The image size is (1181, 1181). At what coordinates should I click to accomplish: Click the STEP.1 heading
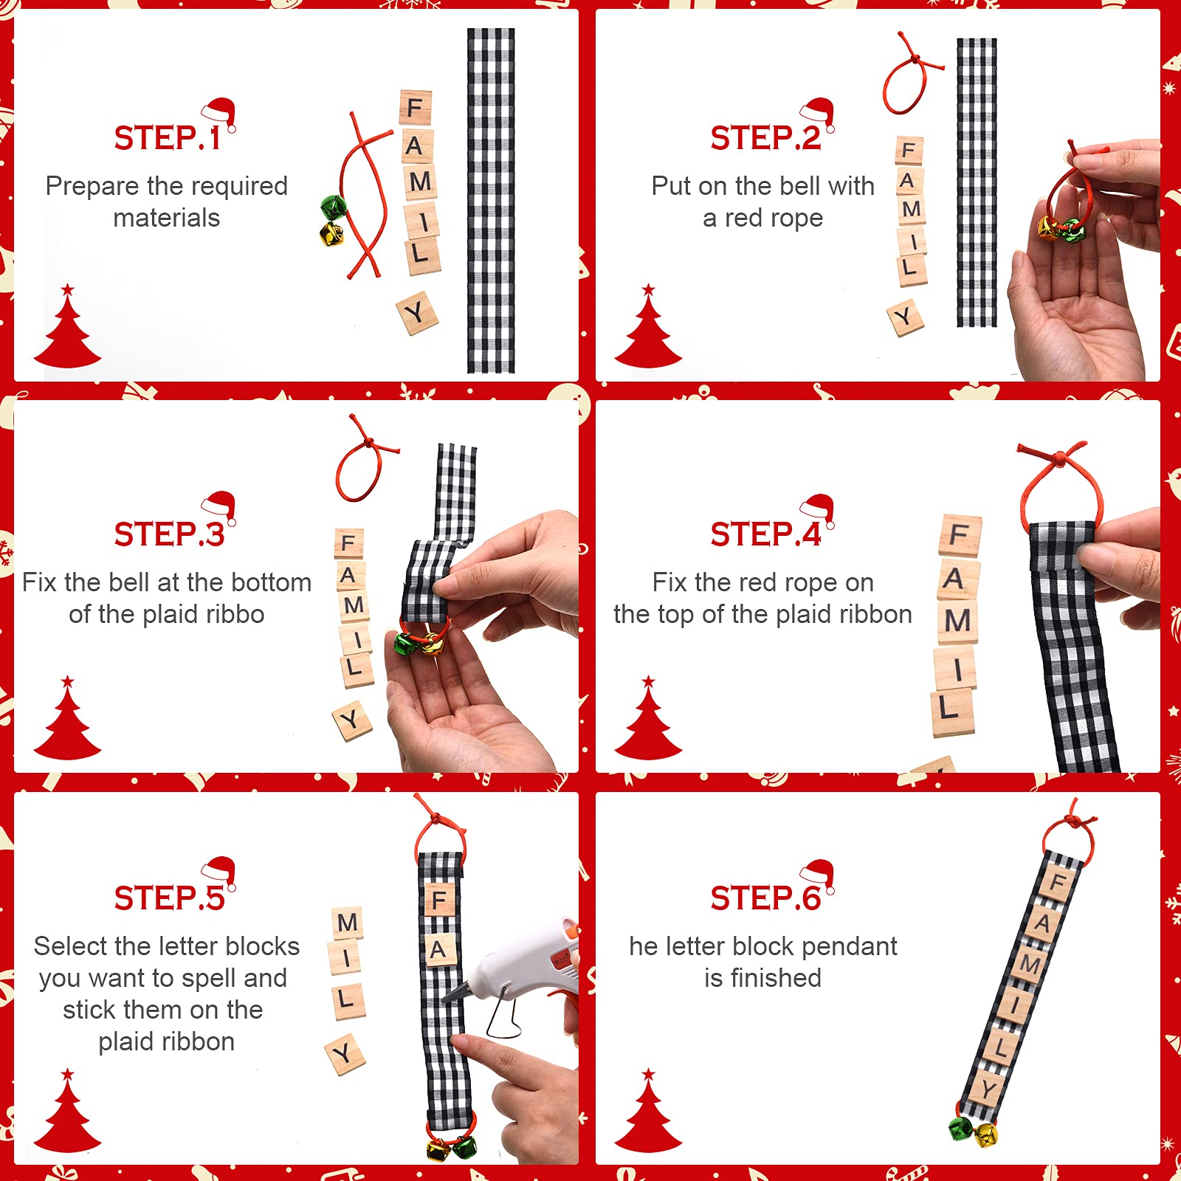point(167,138)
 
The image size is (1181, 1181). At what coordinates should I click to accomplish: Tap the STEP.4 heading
point(765,534)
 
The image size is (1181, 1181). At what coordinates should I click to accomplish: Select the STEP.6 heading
point(765,898)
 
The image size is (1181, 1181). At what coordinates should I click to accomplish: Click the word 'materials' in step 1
point(167,218)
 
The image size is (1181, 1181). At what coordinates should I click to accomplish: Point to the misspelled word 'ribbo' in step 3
point(240,614)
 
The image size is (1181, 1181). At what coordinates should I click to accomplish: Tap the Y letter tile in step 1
point(417,314)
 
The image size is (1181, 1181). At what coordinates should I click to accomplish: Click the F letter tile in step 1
point(416,109)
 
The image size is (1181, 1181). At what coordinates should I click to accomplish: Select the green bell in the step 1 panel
point(334,207)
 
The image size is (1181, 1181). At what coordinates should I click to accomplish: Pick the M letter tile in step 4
point(957,620)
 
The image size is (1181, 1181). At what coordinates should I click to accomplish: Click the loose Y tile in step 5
point(345,1054)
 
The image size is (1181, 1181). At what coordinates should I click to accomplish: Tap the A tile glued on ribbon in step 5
point(439,949)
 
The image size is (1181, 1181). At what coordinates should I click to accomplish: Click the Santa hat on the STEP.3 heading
point(219,506)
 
